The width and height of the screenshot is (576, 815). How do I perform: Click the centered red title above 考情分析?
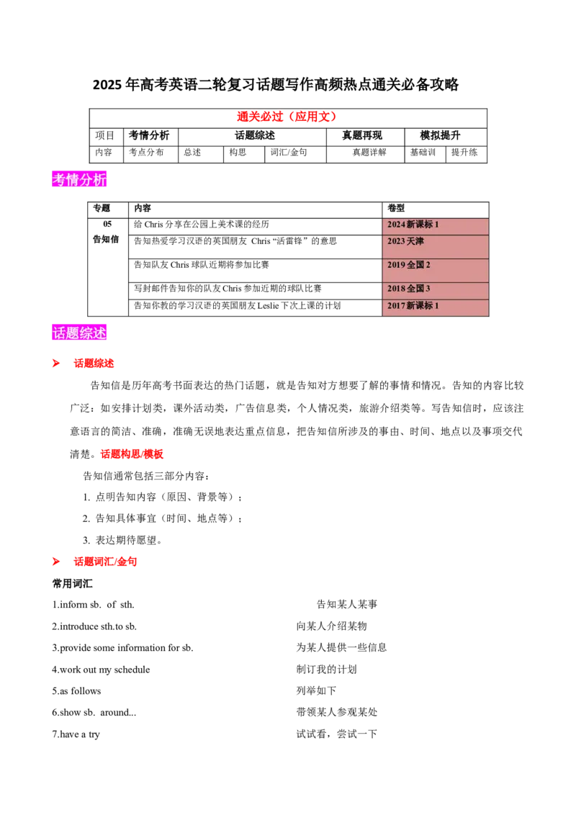pyautogui.click(x=287, y=117)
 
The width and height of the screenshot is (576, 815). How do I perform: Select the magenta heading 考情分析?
pyautogui.click(x=80, y=179)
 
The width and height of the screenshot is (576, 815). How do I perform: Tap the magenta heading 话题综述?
pyautogui.click(x=80, y=333)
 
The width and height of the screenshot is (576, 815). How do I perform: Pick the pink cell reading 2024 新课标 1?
pyautogui.click(x=435, y=225)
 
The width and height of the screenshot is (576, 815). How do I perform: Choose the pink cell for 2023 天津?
pyautogui.click(x=435, y=246)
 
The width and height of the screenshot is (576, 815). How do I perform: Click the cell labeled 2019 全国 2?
pyautogui.click(x=435, y=270)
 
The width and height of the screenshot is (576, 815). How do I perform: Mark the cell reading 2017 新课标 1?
pyautogui.click(x=435, y=307)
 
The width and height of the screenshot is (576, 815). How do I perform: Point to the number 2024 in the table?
pyautogui.click(x=396, y=225)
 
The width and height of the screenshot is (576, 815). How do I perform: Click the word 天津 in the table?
pyautogui.click(x=415, y=241)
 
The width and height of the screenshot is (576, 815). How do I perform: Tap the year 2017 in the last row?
pyautogui.click(x=396, y=306)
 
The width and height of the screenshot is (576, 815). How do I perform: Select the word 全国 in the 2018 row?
pyautogui.click(x=415, y=289)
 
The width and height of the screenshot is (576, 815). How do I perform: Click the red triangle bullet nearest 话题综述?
pyautogui.click(x=56, y=363)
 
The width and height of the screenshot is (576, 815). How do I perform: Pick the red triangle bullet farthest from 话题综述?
pyautogui.click(x=56, y=561)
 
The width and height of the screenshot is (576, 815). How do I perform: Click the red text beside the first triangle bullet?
pyautogui.click(x=92, y=363)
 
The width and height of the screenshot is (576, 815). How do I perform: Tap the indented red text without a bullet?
pyautogui.click(x=132, y=453)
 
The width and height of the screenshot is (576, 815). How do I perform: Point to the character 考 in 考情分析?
pyautogui.click(x=59, y=179)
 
